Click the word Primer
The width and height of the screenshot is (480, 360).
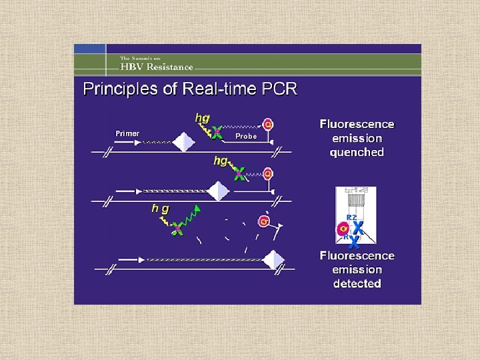point(127,133)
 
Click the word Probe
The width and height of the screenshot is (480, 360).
point(246,136)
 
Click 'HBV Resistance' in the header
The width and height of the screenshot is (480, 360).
point(157,67)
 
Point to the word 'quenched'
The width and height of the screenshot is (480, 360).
point(357,153)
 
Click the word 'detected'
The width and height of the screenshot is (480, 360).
point(357,283)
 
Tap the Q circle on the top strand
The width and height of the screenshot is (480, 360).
point(267,124)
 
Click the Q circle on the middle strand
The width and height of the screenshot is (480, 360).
point(267,174)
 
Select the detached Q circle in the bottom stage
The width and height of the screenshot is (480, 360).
point(265,221)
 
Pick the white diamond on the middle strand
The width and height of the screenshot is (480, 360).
point(218,191)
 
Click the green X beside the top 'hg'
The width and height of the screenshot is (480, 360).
point(217,131)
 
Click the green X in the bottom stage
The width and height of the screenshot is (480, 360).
point(177,230)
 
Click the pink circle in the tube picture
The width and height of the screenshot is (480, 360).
point(343,229)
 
